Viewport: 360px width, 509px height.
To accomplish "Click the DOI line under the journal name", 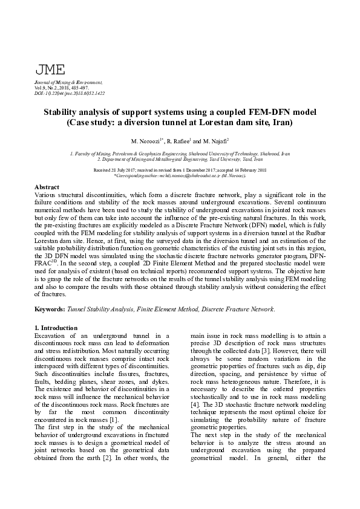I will coord(70,93).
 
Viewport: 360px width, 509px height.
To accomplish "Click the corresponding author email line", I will coord(180,175).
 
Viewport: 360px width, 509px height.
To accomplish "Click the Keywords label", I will coord(50,310).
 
